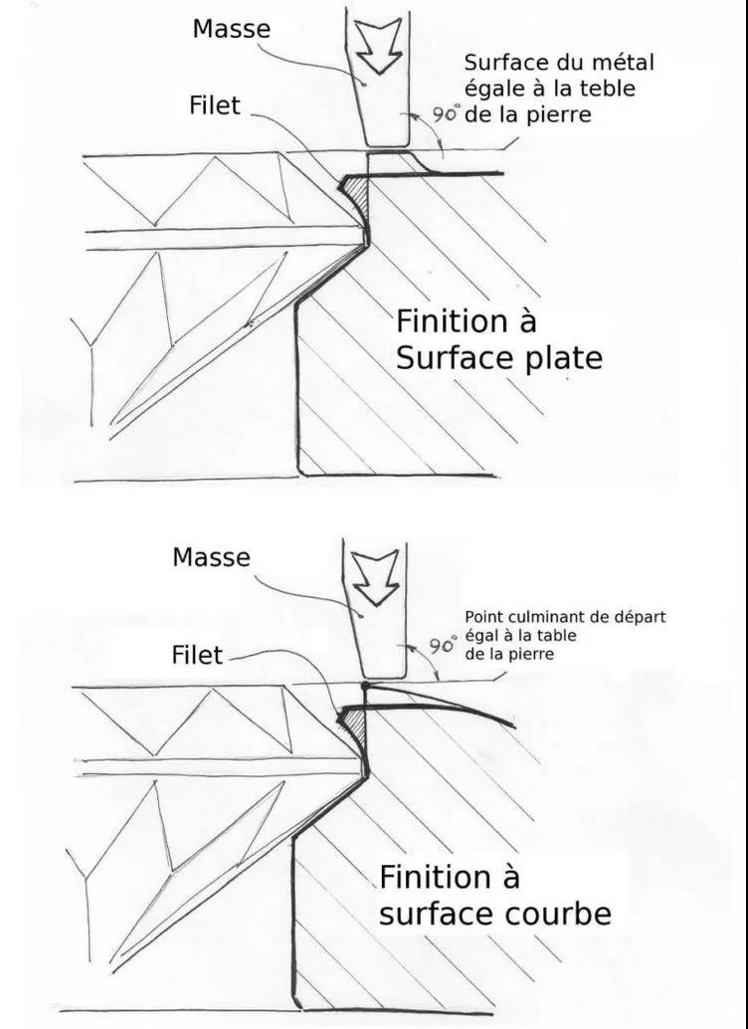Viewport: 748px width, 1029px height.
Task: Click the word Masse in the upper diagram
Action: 231,30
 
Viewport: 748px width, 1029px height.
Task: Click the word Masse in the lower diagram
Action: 211,557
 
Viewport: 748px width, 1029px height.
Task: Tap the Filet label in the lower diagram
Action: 197,655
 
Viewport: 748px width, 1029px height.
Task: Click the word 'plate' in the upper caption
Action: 564,357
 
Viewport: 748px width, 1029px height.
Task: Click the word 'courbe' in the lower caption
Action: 555,913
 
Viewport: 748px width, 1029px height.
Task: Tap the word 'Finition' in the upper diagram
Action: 453,322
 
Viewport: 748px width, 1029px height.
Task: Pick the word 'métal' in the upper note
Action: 625,64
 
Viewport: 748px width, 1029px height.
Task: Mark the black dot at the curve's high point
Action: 367,687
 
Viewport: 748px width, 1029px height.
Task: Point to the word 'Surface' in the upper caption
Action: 448,357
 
